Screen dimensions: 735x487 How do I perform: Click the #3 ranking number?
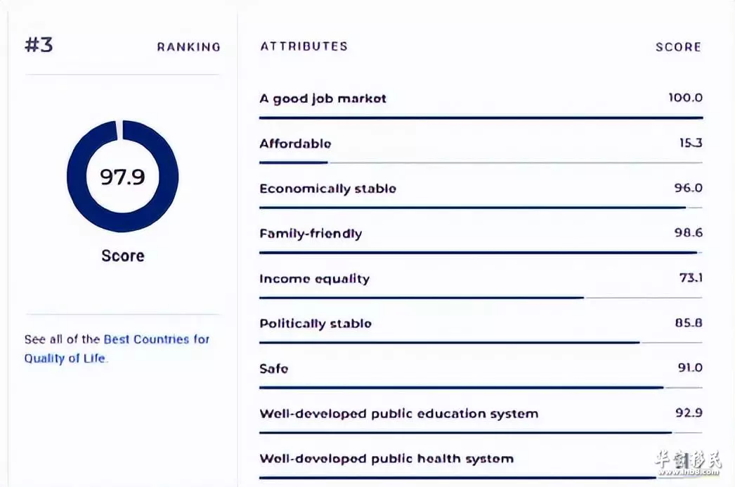[39, 44]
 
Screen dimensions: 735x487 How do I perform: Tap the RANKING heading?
[188, 47]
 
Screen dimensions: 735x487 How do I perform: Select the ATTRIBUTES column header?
[304, 46]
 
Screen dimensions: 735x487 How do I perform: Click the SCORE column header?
[678, 47]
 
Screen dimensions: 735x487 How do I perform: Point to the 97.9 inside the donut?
[122, 177]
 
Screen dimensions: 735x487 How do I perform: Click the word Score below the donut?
[123, 255]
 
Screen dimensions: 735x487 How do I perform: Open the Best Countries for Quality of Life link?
[117, 348]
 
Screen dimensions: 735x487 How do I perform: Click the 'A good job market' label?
[323, 99]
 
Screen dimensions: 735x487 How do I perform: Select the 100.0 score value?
[685, 97]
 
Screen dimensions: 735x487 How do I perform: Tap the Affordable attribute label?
[295, 144]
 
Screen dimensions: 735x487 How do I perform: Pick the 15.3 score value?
[691, 142]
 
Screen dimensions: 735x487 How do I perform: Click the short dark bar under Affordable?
[294, 163]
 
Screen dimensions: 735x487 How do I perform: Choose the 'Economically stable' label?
[328, 189]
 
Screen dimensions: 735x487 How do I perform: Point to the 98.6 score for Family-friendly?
[689, 232]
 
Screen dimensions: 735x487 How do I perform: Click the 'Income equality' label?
[315, 279]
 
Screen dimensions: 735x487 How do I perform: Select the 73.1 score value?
[691, 277]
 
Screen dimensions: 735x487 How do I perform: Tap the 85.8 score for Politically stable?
[689, 322]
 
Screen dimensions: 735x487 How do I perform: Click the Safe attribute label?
[274, 369]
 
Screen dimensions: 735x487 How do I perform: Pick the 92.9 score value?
[689, 412]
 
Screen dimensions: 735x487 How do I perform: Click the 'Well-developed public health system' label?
[386, 458]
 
